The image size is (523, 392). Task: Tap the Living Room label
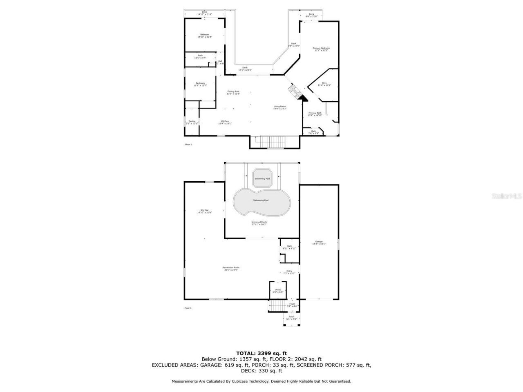pyautogui.click(x=280, y=107)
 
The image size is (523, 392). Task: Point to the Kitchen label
pyautogui.click(x=225, y=122)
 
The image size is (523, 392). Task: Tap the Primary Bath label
pyautogui.click(x=315, y=114)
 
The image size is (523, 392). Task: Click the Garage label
pyautogui.click(x=319, y=243)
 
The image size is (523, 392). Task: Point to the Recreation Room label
pyautogui.click(x=231, y=268)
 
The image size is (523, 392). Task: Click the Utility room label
pyautogui.click(x=277, y=291)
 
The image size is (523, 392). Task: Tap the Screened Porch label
pyautogui.click(x=259, y=223)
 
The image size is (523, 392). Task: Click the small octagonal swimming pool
pyautogui.click(x=262, y=178)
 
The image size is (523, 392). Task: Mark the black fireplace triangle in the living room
pyautogui.click(x=303, y=97)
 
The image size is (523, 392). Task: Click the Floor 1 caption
pyautogui.click(x=188, y=308)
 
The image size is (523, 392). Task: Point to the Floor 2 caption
pyautogui.click(x=188, y=144)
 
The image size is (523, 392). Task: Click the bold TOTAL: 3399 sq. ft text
pyautogui.click(x=261, y=353)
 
